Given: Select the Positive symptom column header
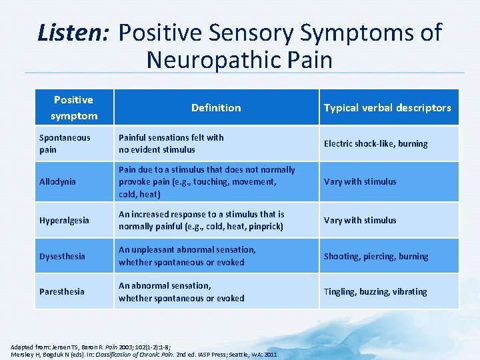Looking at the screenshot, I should pyautogui.click(x=73, y=107).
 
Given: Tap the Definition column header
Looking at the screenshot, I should pyautogui.click(x=216, y=107).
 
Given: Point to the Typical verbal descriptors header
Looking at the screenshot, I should pyautogui.click(x=387, y=107).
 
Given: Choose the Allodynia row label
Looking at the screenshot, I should pyautogui.click(x=57, y=181).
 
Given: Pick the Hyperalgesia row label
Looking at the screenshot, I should pyautogui.click(x=64, y=220).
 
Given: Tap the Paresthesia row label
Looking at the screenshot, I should pyautogui.click(x=61, y=291).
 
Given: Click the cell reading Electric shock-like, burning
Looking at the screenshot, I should pyautogui.click(x=375, y=143).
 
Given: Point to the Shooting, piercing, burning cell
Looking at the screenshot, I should pyautogui.click(x=376, y=256).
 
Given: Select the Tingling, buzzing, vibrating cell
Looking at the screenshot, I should pyautogui.click(x=375, y=291).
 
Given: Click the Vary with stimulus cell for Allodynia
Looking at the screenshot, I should pyautogui.click(x=360, y=181).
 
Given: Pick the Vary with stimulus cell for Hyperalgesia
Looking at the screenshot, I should pyautogui.click(x=360, y=220).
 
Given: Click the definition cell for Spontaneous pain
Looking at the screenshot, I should pyautogui.click(x=171, y=143).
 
